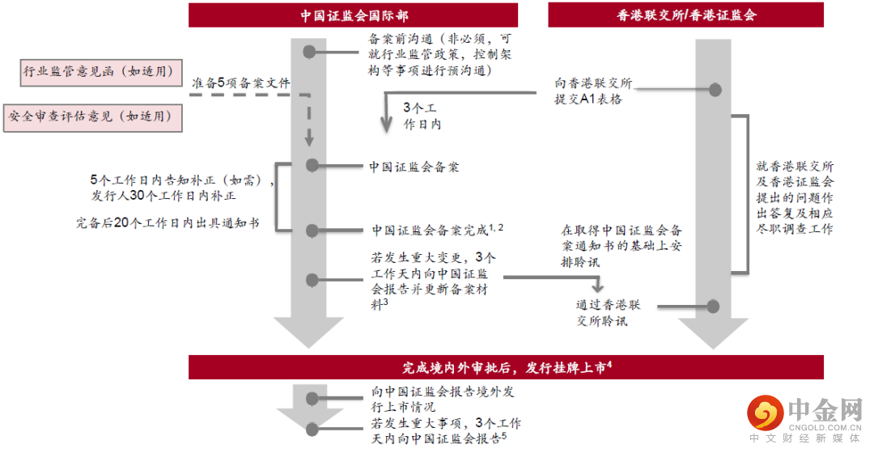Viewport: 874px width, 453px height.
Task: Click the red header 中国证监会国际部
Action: [353, 15]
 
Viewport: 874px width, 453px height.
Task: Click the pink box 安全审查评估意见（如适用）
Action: [92, 116]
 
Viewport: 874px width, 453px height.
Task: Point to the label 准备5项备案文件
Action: [240, 83]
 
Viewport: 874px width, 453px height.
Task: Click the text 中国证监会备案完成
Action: [430, 230]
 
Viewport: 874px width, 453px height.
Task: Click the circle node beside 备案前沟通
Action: [310, 53]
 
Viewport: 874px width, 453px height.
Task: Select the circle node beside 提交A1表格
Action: [714, 90]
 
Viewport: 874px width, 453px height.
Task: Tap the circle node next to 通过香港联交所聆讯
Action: [713, 306]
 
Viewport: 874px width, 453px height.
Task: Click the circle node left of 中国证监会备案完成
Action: [311, 230]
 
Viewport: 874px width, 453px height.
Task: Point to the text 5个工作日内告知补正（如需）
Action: [182, 181]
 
